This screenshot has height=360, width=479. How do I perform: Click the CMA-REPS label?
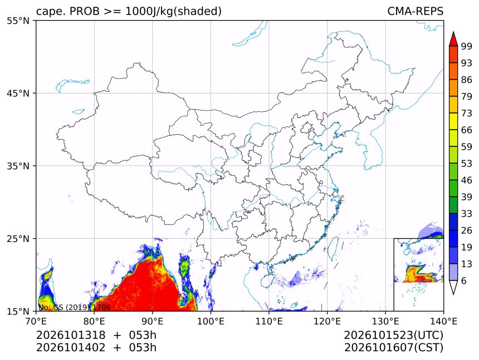pyautogui.click(x=415, y=11)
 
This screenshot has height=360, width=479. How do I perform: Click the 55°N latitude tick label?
pyautogui.click(x=18, y=21)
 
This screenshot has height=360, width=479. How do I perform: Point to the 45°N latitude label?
pyautogui.click(x=18, y=93)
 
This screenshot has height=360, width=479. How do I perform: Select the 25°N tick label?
pyautogui.click(x=18, y=239)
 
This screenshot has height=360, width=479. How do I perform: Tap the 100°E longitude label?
pyautogui.click(x=211, y=321)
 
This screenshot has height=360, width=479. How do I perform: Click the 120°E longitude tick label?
pyautogui.click(x=327, y=321)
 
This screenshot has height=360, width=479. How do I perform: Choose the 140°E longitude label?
pyautogui.click(x=443, y=321)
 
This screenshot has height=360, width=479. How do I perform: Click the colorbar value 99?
pyautogui.click(x=467, y=46)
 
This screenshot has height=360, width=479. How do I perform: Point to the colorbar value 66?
pyautogui.click(x=467, y=130)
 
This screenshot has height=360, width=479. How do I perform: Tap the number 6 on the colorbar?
pyautogui.click(x=464, y=280)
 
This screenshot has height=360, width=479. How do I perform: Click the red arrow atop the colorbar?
pyautogui.click(x=453, y=39)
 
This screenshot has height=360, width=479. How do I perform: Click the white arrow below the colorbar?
pyautogui.click(x=453, y=288)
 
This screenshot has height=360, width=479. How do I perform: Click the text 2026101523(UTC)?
pyautogui.click(x=393, y=335)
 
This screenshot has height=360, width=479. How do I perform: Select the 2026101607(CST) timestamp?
pyautogui.click(x=393, y=348)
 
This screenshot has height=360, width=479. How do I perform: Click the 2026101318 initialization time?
pyautogui.click(x=71, y=335)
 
